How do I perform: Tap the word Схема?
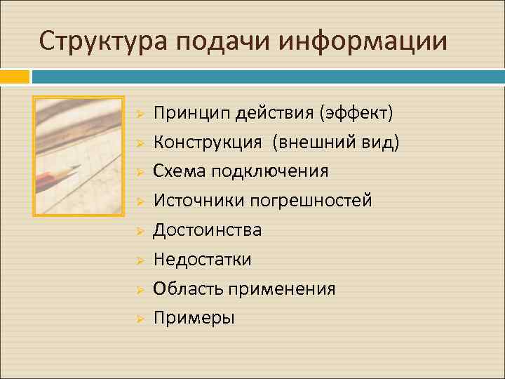pyautogui.click(x=175, y=171)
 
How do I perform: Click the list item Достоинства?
pyautogui.click(x=208, y=230)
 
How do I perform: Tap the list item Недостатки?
pyautogui.click(x=203, y=259)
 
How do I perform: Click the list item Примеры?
pyautogui.click(x=194, y=318)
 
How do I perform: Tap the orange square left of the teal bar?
pyautogui.click(x=14, y=75)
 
